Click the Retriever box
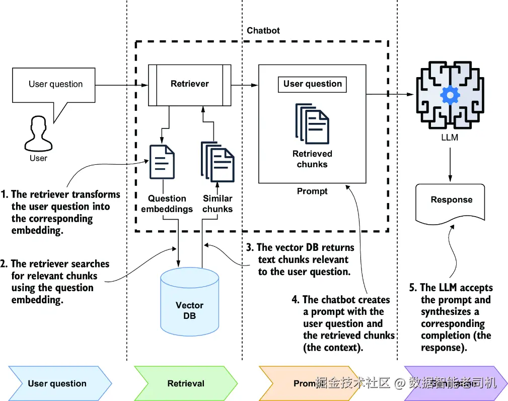click(189, 85)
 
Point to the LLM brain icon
click(449, 95)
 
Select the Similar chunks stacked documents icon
click(217, 161)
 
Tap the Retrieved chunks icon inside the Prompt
click(312, 123)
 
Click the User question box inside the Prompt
click(312, 84)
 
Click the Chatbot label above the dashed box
click(263, 31)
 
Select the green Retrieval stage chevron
click(186, 383)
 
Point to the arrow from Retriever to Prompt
click(245, 85)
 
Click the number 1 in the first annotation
click(4, 194)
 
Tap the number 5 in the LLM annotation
click(412, 288)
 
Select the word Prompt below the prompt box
click(312, 191)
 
